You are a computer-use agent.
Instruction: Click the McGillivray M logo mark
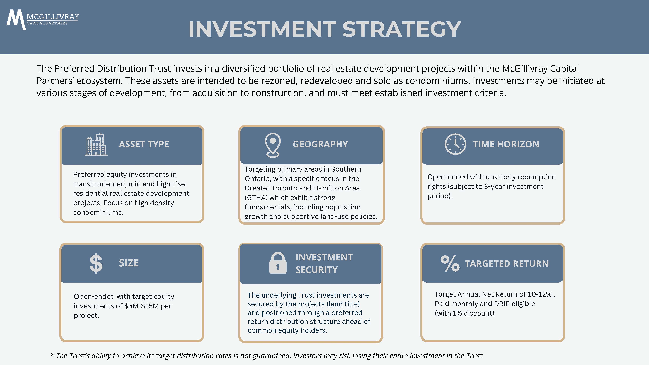[16, 20]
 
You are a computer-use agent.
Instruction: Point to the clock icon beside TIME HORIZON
[455, 144]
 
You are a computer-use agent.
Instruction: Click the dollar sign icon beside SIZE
[96, 263]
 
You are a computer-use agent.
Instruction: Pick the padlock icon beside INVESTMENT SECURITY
[278, 263]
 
